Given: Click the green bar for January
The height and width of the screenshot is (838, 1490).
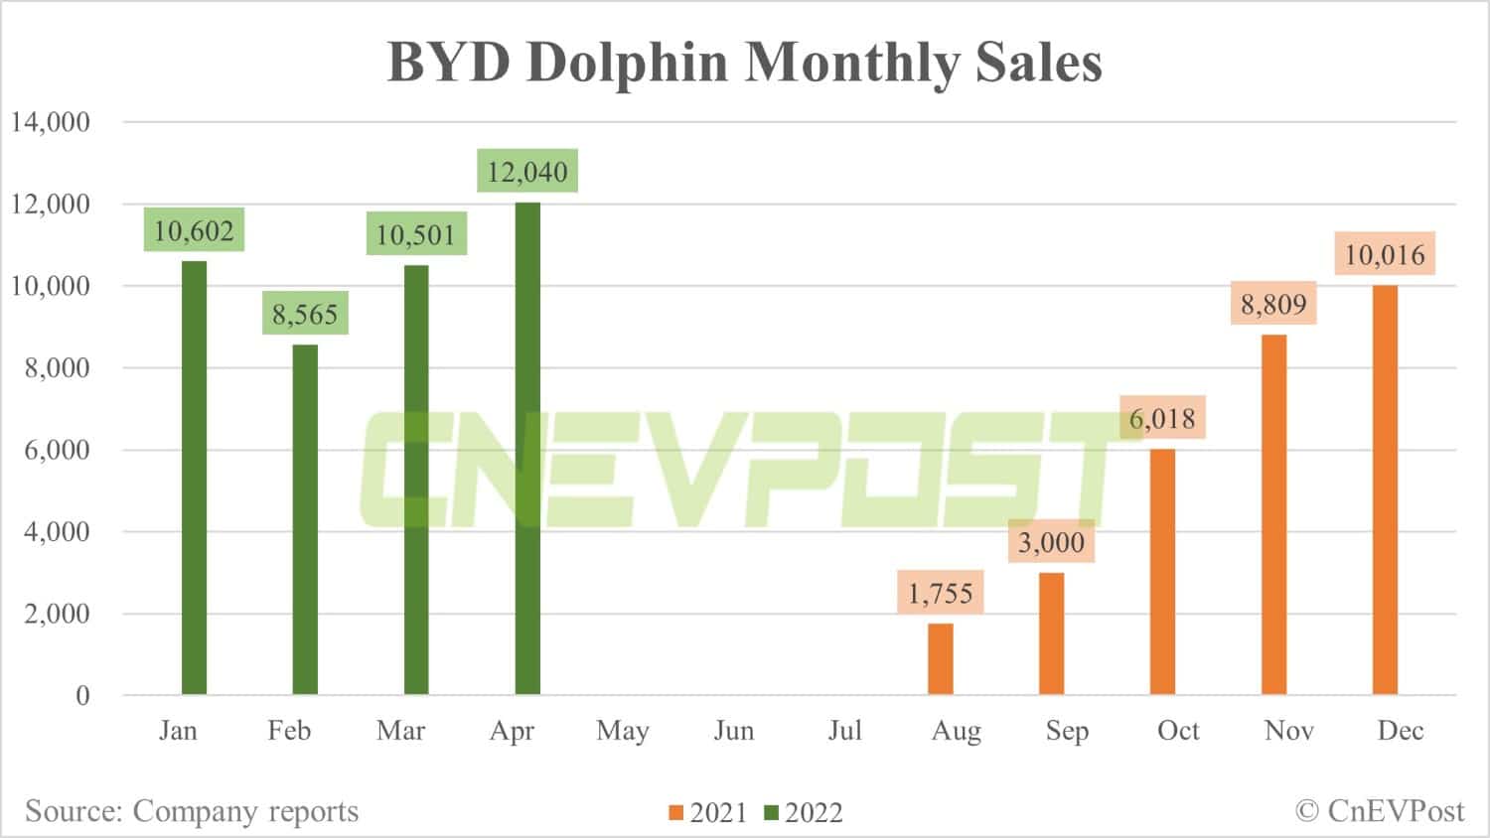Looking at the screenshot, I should (195, 478).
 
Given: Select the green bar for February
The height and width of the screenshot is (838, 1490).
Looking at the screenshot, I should (305, 519).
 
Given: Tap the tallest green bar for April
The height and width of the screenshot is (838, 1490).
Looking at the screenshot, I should (527, 448).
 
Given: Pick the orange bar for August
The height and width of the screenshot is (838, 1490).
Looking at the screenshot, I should (940, 659).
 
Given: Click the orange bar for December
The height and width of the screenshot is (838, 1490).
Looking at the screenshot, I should (1385, 489).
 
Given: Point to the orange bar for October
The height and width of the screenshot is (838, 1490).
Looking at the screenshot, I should (1162, 572).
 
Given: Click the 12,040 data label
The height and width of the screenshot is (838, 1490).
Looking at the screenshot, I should (527, 172).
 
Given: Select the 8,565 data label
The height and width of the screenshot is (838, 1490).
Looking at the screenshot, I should (305, 315).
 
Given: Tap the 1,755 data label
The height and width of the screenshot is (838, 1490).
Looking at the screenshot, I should (940, 593).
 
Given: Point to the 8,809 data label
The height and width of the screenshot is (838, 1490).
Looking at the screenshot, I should (1273, 303).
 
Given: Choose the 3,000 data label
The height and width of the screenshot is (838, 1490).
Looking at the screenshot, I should (1051, 542).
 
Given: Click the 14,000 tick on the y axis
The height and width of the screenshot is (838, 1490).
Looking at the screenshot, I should (51, 122).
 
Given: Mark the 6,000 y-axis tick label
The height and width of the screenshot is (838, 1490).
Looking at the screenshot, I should (57, 450).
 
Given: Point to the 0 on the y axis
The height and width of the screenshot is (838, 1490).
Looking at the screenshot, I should (82, 695).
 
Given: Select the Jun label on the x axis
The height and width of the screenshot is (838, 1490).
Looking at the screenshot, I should (734, 731).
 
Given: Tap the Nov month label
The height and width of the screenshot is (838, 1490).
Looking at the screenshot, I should (1289, 731).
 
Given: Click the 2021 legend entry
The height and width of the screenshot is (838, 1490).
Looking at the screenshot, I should (707, 812).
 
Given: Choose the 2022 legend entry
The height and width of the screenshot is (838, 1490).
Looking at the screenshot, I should (804, 812).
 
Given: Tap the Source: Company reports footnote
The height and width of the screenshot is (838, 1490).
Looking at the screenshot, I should (192, 811).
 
